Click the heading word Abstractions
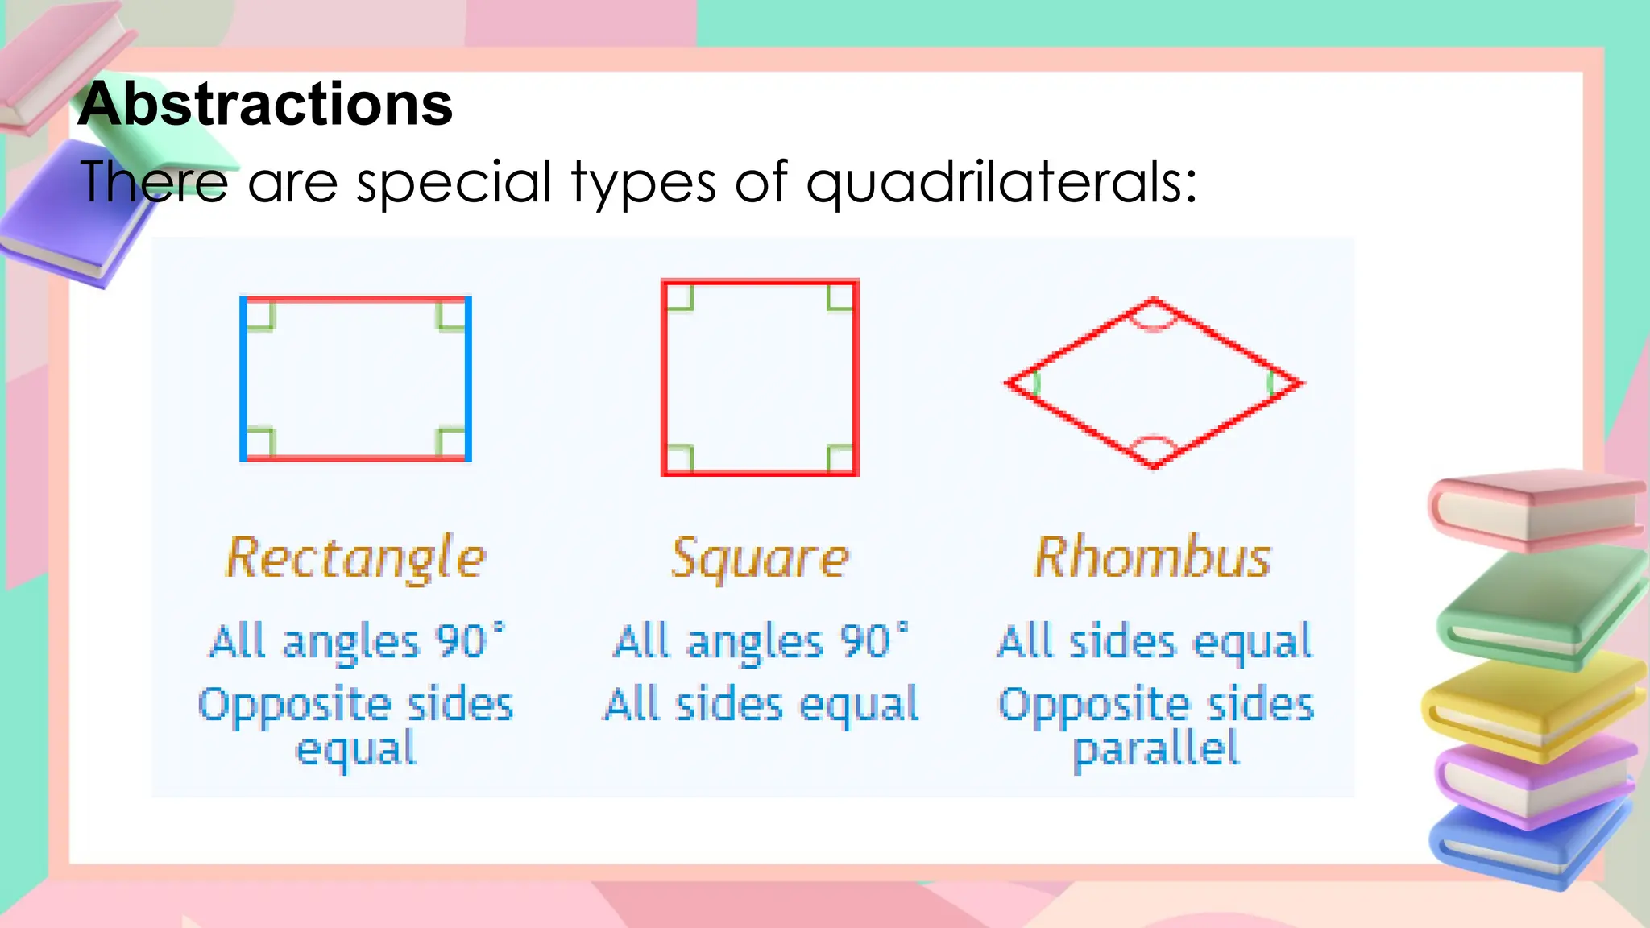[x=266, y=105]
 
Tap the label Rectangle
[x=355, y=557]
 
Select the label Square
[x=760, y=557]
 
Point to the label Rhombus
[x=1152, y=557]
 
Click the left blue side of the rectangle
[x=243, y=379]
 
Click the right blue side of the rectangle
[x=468, y=379]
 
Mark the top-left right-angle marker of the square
[x=679, y=297]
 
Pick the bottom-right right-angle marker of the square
[x=840, y=458]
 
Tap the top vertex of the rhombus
[x=1154, y=301]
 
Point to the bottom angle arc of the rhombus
[x=1154, y=445]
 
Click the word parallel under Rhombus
[x=1155, y=749]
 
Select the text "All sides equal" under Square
[x=761, y=704]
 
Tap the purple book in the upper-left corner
[x=73, y=217]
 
